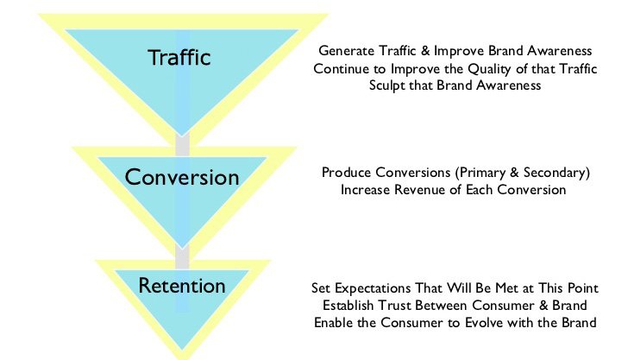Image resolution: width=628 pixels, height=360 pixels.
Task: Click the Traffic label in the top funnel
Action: coord(179,57)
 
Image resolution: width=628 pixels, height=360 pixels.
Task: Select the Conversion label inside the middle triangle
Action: coord(182,177)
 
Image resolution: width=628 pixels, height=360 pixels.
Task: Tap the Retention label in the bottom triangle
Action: coord(182,286)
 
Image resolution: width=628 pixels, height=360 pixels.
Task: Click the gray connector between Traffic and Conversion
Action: coord(183,144)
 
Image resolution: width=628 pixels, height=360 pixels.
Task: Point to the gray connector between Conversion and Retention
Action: coord(182,257)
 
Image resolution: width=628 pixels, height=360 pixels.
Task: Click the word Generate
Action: coord(347,51)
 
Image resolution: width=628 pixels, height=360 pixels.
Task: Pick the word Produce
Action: coord(347,173)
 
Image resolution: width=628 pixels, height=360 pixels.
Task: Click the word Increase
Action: coord(366,190)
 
